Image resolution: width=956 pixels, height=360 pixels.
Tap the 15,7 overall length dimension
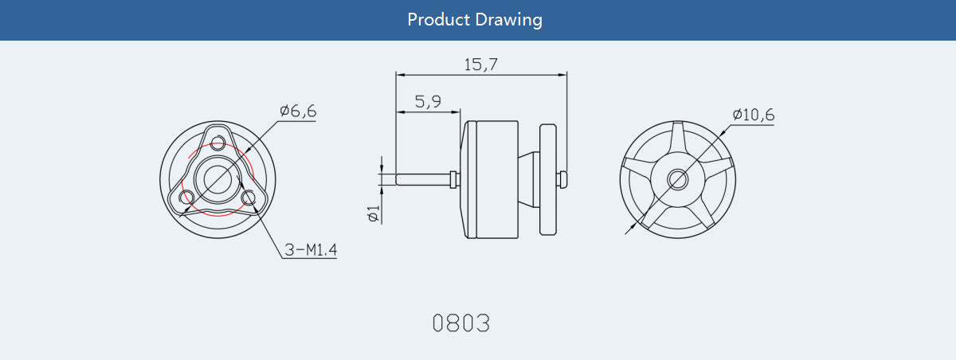[x=481, y=65]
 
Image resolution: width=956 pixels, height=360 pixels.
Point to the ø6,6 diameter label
[x=298, y=112]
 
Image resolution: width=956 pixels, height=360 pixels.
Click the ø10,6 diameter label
[x=753, y=115]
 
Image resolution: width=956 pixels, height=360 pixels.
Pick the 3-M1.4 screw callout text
[x=311, y=251]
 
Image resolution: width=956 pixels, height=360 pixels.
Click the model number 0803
[x=460, y=323]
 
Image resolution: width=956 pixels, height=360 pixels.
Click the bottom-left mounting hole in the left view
[x=189, y=196]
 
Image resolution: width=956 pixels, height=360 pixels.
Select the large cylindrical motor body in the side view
[x=493, y=179]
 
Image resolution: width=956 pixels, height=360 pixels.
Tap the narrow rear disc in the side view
[x=547, y=179]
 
